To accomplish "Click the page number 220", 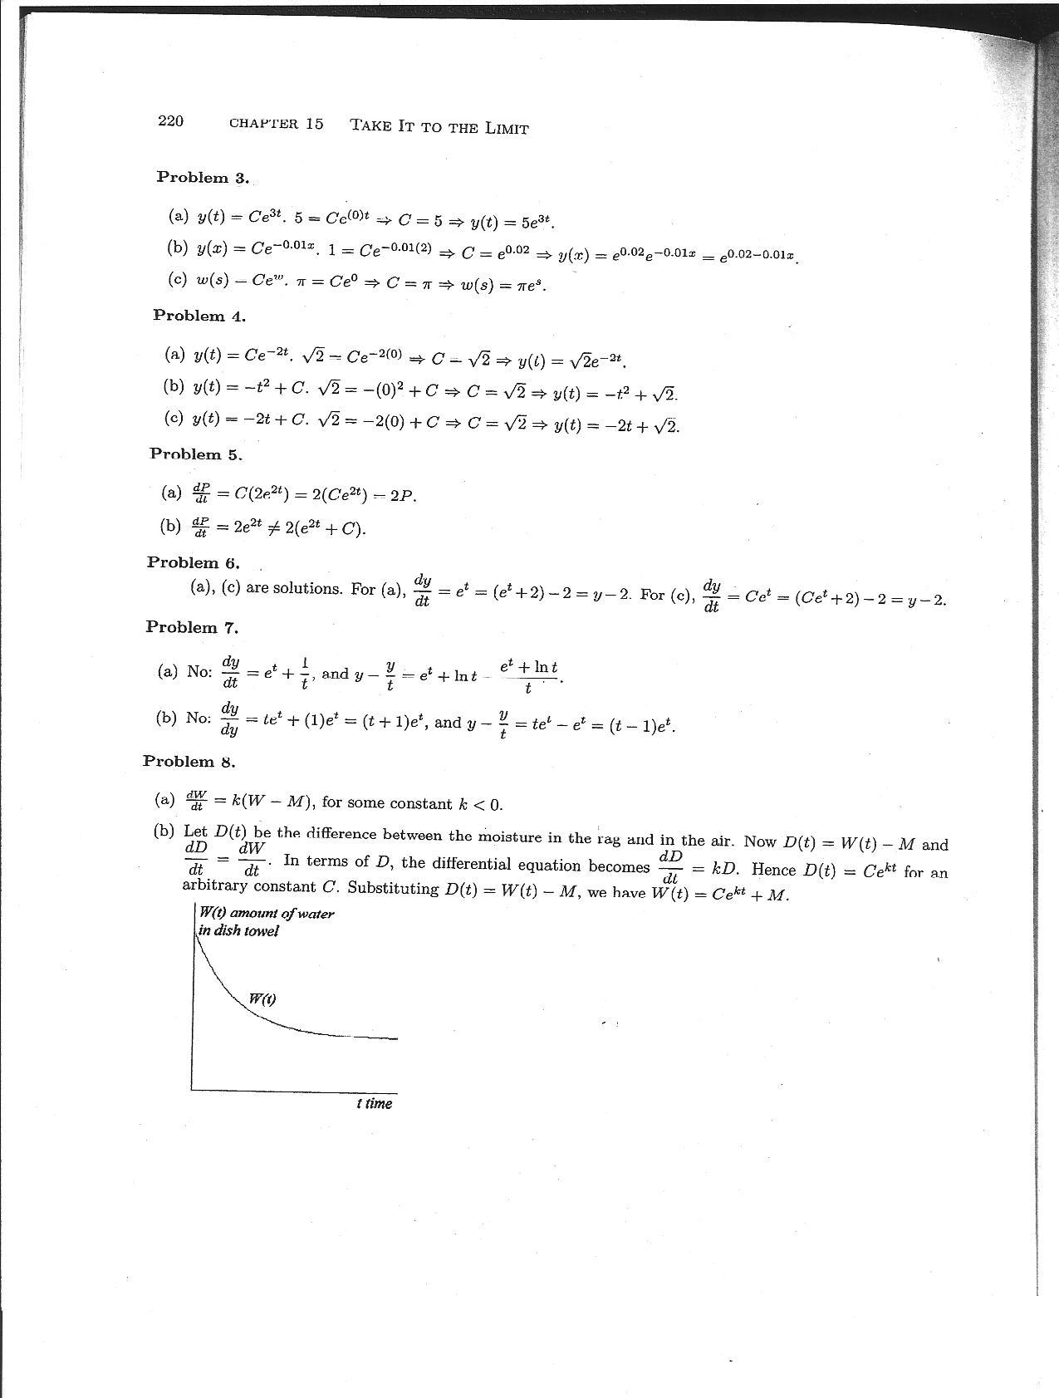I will (170, 121).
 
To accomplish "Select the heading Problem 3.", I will (203, 178).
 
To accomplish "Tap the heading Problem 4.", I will (199, 316).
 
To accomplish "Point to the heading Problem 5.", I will (196, 454).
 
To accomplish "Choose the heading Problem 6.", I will (193, 562).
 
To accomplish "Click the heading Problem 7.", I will (191, 626).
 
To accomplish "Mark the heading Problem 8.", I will (189, 761).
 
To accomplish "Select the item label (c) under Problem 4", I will (174, 419).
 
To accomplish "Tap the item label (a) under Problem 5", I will (171, 493).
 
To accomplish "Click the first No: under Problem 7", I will (200, 672).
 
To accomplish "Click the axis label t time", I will (374, 1103).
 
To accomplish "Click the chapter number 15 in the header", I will (314, 124).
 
